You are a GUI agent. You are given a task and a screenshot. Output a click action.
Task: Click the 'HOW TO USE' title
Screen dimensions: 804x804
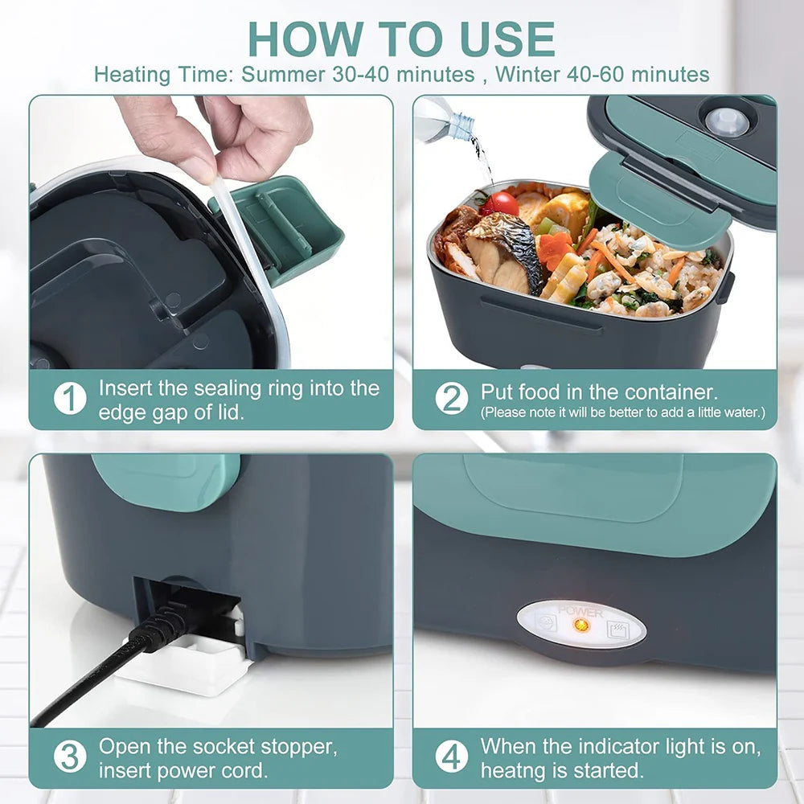[x=401, y=39]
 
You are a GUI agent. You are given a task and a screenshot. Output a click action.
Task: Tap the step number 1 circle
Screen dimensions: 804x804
[x=70, y=399]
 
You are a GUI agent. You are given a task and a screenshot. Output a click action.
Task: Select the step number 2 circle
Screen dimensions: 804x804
[x=451, y=399]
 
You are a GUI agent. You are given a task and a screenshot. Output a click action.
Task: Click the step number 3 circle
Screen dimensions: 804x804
[x=70, y=757]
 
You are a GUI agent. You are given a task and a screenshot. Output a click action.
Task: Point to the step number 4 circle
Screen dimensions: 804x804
[x=451, y=757]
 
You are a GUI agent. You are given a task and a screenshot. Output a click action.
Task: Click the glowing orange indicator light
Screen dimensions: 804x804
[x=581, y=625]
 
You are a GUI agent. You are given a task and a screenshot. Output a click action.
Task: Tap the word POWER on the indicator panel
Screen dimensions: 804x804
[x=580, y=612]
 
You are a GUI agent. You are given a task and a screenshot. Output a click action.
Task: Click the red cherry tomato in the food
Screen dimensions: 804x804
[x=501, y=203]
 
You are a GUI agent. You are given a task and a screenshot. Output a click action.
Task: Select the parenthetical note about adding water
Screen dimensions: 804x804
[x=623, y=412]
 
